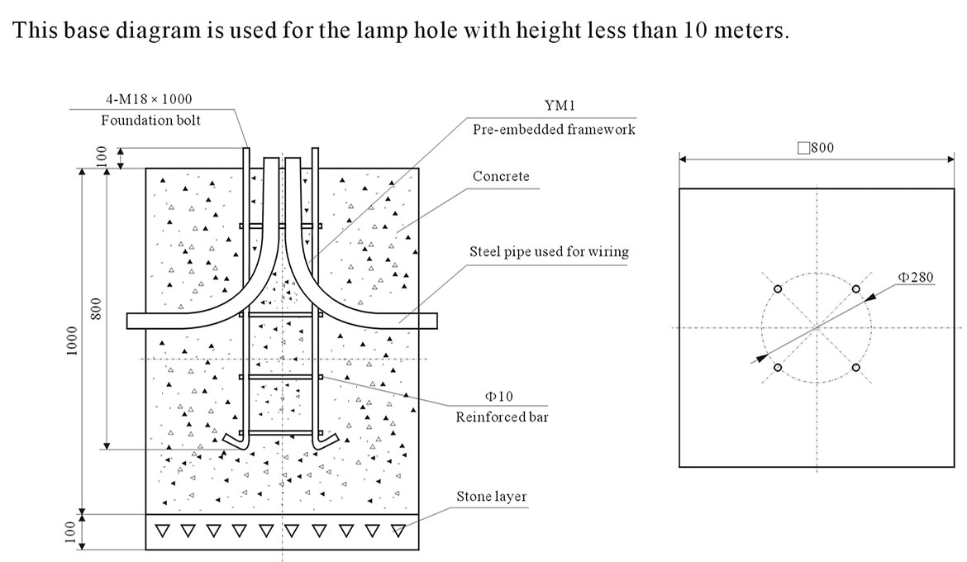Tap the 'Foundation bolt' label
tap(151, 121)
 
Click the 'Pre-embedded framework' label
tap(554, 130)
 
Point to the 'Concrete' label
tap(501, 177)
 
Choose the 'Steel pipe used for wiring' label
tap(549, 252)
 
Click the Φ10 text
tap(499, 397)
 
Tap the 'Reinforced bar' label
tap(502, 417)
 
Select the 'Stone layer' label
tap(492, 497)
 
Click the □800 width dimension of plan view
tap(816, 149)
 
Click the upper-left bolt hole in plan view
tap(777, 289)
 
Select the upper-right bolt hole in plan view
tap(856, 289)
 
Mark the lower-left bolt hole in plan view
tap(777, 368)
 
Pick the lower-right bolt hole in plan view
tap(856, 368)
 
